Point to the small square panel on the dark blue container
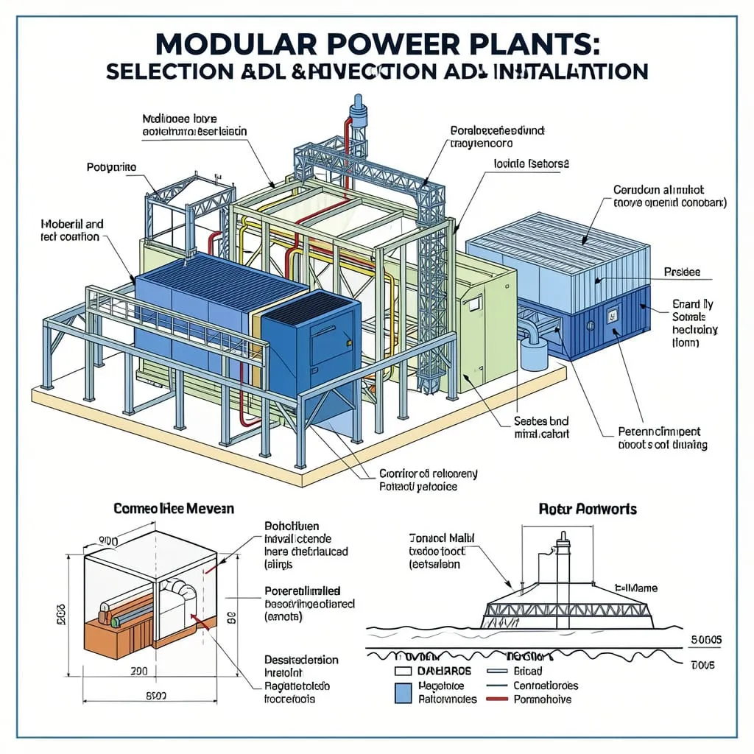pyautogui.click(x=610, y=317)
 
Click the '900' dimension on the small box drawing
pyautogui.click(x=108, y=541)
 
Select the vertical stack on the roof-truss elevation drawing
pyautogui.click(x=563, y=571)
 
